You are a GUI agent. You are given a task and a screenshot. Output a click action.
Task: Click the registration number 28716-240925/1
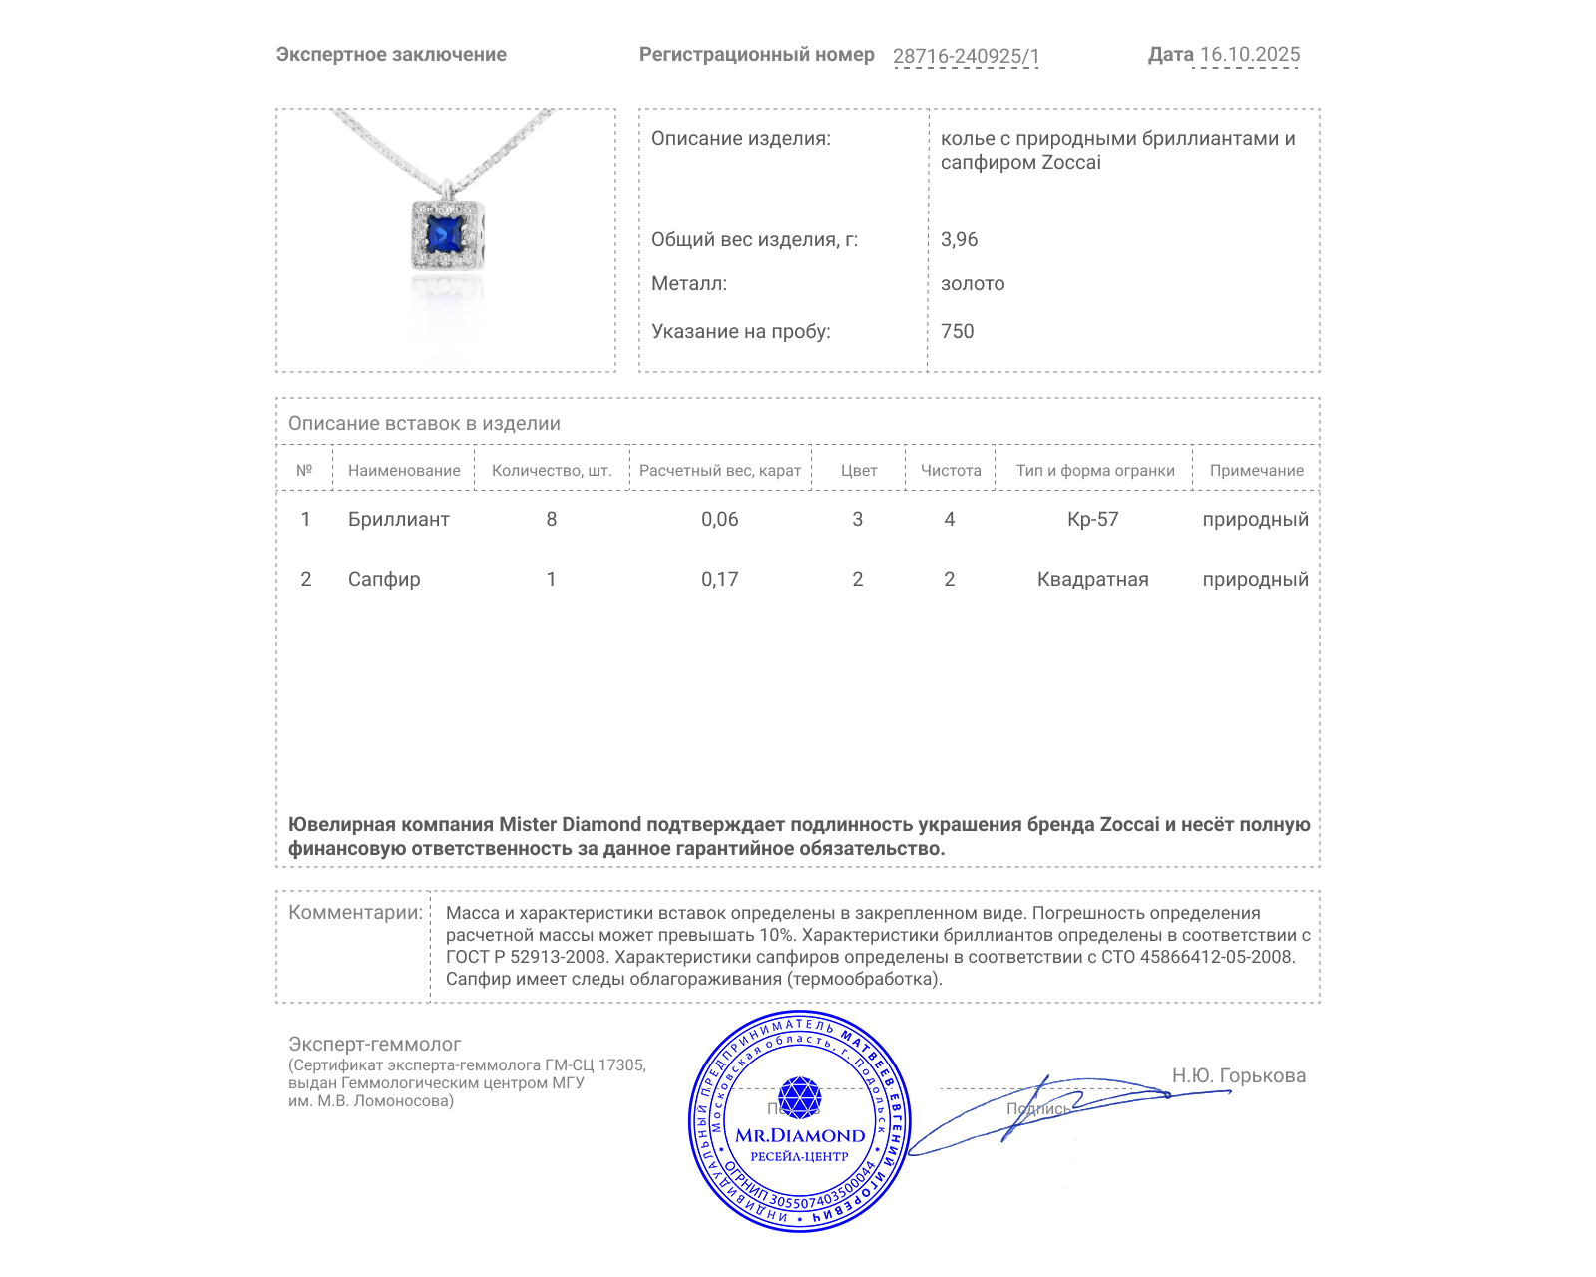(966, 56)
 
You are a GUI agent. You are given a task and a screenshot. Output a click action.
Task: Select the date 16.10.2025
(1250, 55)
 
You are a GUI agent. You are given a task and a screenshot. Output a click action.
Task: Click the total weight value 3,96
(959, 240)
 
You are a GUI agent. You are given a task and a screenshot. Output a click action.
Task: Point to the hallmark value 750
(957, 332)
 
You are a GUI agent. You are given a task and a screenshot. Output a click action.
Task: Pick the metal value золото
(973, 284)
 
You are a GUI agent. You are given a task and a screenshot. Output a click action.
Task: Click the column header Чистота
(951, 471)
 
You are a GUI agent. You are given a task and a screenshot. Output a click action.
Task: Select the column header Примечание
(1256, 471)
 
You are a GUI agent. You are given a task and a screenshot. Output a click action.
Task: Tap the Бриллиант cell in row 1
(398, 520)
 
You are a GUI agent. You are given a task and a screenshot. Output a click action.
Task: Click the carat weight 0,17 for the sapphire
(719, 580)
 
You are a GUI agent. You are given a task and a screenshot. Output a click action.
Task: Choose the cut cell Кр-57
(1092, 520)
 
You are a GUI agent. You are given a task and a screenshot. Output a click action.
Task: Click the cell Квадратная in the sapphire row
(1092, 580)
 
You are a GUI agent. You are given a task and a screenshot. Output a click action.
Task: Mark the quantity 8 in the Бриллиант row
(551, 520)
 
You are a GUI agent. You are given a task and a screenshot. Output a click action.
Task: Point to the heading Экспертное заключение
(391, 55)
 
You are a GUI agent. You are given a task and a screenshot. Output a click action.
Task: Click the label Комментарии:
(355, 913)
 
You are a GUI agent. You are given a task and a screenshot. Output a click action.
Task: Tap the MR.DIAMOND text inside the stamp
(800, 1136)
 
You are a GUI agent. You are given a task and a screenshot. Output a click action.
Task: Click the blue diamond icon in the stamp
(799, 1097)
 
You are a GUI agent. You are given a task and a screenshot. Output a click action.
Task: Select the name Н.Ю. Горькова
(1238, 1076)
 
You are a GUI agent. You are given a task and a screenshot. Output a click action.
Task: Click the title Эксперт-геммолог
(374, 1045)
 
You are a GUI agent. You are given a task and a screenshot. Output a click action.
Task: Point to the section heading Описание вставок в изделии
(424, 424)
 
